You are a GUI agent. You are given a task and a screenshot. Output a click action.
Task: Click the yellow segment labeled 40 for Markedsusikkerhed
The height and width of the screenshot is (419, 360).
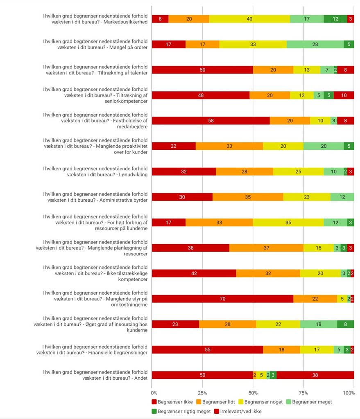click(x=249, y=19)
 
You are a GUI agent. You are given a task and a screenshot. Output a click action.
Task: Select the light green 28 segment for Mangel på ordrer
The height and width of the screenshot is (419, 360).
click(x=315, y=44)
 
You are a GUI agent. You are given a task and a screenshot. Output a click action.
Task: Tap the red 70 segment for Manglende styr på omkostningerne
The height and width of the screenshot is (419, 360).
click(x=222, y=299)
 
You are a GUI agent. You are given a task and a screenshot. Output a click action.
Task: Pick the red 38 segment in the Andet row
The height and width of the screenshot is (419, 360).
click(x=315, y=375)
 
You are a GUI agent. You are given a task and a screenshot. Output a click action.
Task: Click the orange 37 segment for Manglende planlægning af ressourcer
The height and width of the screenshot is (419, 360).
click(x=266, y=248)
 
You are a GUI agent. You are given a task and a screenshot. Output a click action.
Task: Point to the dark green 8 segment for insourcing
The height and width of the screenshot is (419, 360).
click(x=346, y=324)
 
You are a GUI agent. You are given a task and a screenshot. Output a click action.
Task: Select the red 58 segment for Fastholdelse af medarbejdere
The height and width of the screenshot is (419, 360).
click(x=211, y=121)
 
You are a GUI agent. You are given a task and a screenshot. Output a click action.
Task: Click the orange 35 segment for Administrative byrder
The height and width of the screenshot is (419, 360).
click(x=248, y=197)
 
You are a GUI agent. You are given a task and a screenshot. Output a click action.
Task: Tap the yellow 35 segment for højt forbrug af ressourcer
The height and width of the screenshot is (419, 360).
click(x=288, y=223)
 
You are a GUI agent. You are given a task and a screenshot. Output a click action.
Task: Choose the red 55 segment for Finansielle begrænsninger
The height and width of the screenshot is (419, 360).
click(x=208, y=350)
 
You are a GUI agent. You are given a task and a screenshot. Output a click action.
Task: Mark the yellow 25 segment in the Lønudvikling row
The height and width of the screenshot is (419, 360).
click(x=299, y=171)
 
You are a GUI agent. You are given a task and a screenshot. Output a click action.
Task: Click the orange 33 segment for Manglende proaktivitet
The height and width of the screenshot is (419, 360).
click(x=229, y=146)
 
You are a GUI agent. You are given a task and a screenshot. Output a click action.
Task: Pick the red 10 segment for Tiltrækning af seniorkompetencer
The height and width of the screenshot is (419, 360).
click(x=344, y=95)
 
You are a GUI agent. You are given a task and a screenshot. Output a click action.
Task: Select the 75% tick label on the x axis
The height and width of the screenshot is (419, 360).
click(x=303, y=393)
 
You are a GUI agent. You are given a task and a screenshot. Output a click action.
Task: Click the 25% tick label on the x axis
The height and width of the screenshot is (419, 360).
click(x=202, y=393)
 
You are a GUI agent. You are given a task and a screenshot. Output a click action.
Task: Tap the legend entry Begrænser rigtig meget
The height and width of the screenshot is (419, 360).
click(x=181, y=412)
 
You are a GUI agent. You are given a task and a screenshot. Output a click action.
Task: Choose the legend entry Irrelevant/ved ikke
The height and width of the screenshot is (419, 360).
click(x=238, y=412)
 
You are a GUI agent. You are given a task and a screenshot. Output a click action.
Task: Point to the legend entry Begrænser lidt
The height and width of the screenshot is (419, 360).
click(x=215, y=402)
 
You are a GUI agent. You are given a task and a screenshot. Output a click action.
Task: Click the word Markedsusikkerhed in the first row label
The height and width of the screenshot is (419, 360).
click(x=125, y=22)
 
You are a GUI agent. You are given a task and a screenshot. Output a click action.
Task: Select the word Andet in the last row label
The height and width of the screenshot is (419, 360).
click(x=141, y=378)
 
